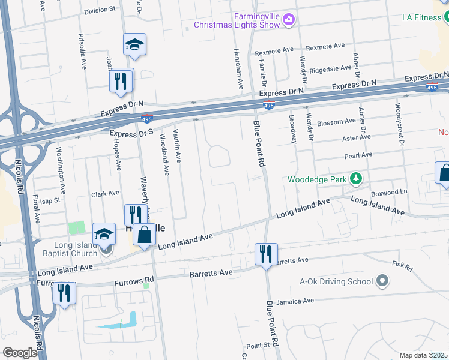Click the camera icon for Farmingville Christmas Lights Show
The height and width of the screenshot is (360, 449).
pyautogui.click(x=289, y=20)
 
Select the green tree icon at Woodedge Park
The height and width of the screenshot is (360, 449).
pyautogui.click(x=356, y=179)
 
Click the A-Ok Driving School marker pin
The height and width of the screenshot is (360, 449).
pyautogui.click(x=381, y=281)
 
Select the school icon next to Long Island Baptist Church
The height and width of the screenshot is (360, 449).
pyautogui.click(x=104, y=233)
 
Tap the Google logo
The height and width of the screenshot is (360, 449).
pyautogui.click(x=20, y=353)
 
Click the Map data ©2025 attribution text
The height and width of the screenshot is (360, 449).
pyautogui.click(x=424, y=355)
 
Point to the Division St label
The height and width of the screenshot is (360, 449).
pyautogui.click(x=100, y=10)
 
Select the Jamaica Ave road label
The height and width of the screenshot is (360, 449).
pyautogui.click(x=301, y=301)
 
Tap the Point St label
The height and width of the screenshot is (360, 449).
pyautogui.click(x=258, y=346)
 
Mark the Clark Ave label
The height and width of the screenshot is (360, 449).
pyautogui.click(x=105, y=194)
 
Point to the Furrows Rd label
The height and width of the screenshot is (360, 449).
pyautogui.click(x=137, y=280)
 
